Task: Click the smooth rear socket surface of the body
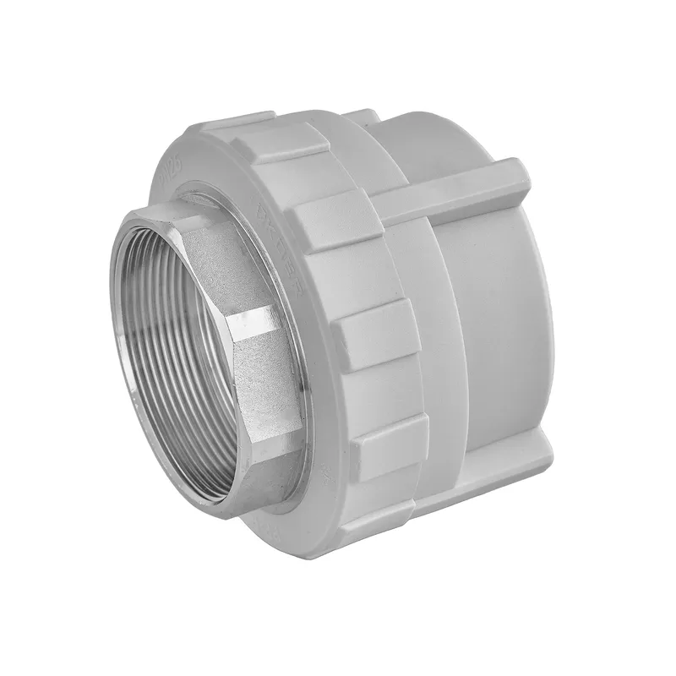pyautogui.click(x=499, y=338)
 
